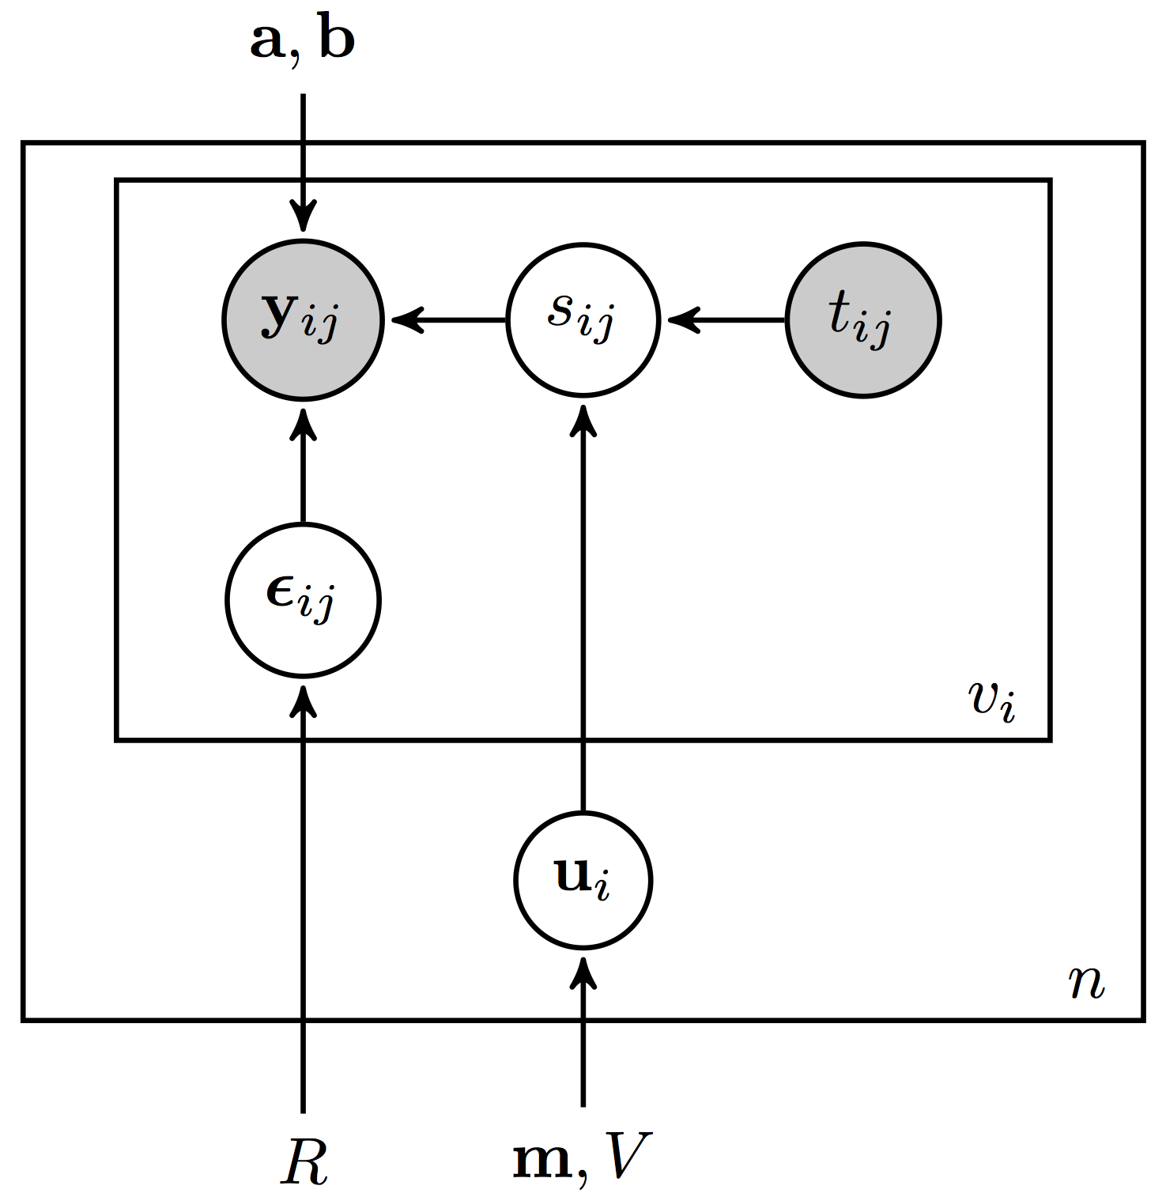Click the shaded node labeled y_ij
click(303, 319)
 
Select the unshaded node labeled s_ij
click(583, 319)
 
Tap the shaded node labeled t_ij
click(862, 319)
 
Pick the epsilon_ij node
click(303, 599)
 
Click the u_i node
click(583, 879)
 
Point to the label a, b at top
click(303, 41)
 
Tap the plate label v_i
click(991, 700)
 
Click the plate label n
click(1086, 982)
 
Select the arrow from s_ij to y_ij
click(447, 319)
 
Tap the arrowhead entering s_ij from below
click(583, 419)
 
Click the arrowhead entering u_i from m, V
click(583, 972)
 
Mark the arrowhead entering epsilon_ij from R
click(303, 700)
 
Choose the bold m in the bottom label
click(542, 1161)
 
